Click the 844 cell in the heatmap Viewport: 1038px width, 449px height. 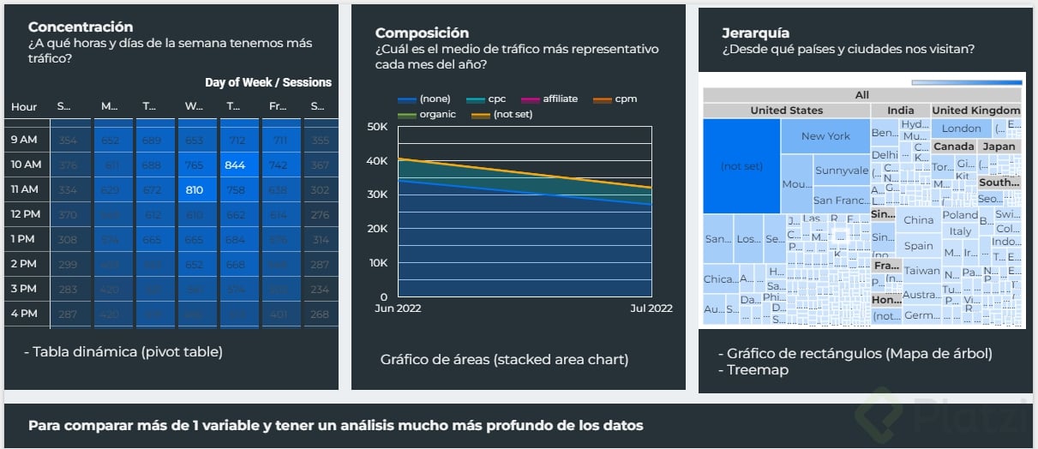(x=236, y=165)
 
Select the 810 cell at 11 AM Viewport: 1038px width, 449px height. (x=195, y=189)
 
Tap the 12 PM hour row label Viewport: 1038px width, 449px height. (x=26, y=214)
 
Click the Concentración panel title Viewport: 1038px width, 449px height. (x=81, y=27)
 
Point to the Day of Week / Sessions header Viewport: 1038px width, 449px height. (x=267, y=83)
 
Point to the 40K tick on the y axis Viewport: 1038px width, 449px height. (x=377, y=161)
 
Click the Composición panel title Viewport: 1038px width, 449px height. (x=422, y=33)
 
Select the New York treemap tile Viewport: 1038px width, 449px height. (x=825, y=136)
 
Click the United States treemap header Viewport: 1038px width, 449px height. (x=786, y=111)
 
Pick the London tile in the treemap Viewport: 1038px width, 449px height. (x=962, y=129)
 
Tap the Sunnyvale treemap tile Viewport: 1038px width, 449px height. (x=841, y=171)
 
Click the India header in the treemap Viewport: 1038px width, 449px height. (x=900, y=111)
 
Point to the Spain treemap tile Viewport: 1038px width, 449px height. (x=918, y=246)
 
